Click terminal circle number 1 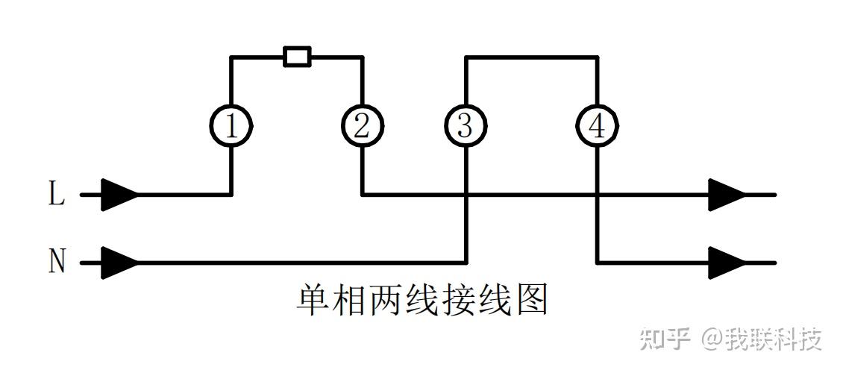231,126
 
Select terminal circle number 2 362,126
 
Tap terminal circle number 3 465,126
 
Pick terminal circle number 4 597,126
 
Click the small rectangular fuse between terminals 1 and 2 297,57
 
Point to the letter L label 57,195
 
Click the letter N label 57,263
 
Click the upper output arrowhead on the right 727,195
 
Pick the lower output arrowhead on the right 727,263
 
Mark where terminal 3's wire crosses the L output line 466,195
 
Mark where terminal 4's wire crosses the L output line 597,195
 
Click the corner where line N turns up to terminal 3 466,263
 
